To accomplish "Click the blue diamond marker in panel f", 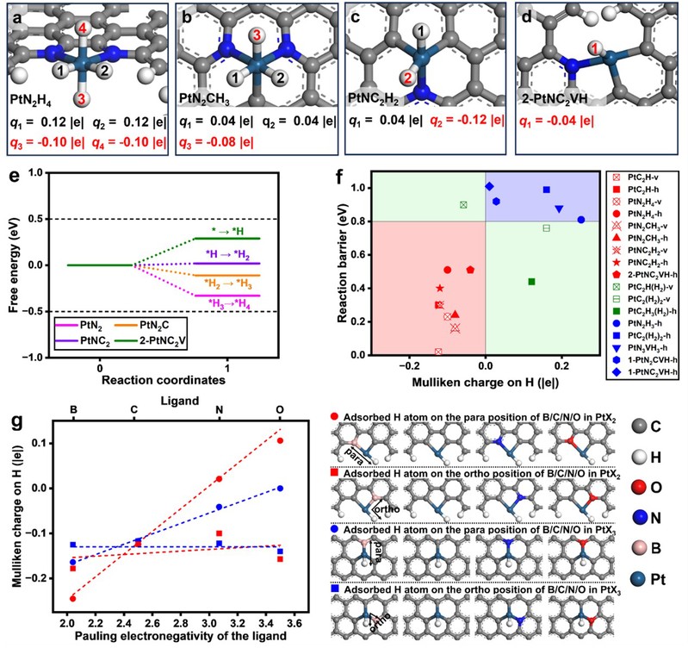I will pyautogui.click(x=489, y=186).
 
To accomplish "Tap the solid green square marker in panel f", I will pyautogui.click(x=531, y=282).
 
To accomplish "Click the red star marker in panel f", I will pyautogui.click(x=440, y=288).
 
